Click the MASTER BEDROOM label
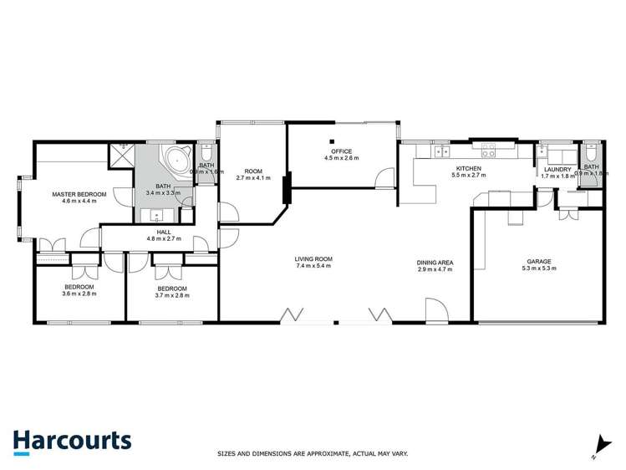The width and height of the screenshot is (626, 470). pos(79,194)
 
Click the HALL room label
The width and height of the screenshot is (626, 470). pos(164,232)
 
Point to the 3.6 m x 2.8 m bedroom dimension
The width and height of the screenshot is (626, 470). pos(79,294)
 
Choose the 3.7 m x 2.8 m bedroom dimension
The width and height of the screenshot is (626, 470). pos(172,294)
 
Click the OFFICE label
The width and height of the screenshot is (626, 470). pos(341,151)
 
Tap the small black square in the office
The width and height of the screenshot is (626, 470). pos(332,141)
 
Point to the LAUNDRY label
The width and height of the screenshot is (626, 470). pos(556,169)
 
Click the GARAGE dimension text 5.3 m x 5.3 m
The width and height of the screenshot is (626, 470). pos(538,268)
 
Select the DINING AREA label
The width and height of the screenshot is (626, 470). pos(435,263)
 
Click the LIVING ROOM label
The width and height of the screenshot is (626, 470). pos(313,259)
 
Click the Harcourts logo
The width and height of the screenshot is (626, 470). pos(72,441)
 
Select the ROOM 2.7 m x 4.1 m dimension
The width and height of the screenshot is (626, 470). pos(249,178)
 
